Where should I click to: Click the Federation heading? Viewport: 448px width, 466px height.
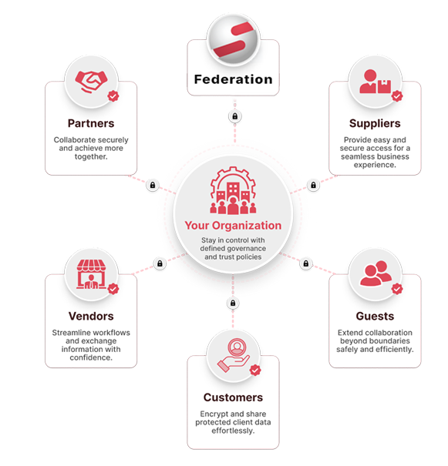point(233,79)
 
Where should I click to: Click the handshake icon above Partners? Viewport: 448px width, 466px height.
point(91,82)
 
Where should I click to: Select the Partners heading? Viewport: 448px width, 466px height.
point(91,123)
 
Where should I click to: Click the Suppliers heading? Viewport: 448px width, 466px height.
point(375,123)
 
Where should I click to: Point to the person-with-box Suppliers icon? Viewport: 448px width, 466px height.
point(376,82)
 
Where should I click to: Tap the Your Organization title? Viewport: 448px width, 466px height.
point(233,226)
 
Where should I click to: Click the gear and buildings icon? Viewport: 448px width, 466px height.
point(233,190)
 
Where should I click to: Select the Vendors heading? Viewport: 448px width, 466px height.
point(91,317)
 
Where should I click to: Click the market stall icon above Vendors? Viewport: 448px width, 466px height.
point(91,274)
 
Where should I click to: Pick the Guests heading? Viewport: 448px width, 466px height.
point(375,317)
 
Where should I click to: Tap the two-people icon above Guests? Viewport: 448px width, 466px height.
point(376,273)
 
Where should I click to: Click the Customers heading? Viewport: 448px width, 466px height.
point(233,397)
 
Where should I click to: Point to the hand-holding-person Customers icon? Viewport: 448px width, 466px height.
point(234,356)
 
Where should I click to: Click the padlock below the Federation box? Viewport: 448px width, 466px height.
point(235,116)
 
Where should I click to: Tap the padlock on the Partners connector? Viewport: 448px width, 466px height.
point(153,185)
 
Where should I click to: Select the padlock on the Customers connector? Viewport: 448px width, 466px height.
point(233,303)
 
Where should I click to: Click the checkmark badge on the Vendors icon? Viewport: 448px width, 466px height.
point(113,289)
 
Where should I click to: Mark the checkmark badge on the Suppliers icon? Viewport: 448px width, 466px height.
point(397,96)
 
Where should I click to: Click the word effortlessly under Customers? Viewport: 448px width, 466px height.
point(233,431)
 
